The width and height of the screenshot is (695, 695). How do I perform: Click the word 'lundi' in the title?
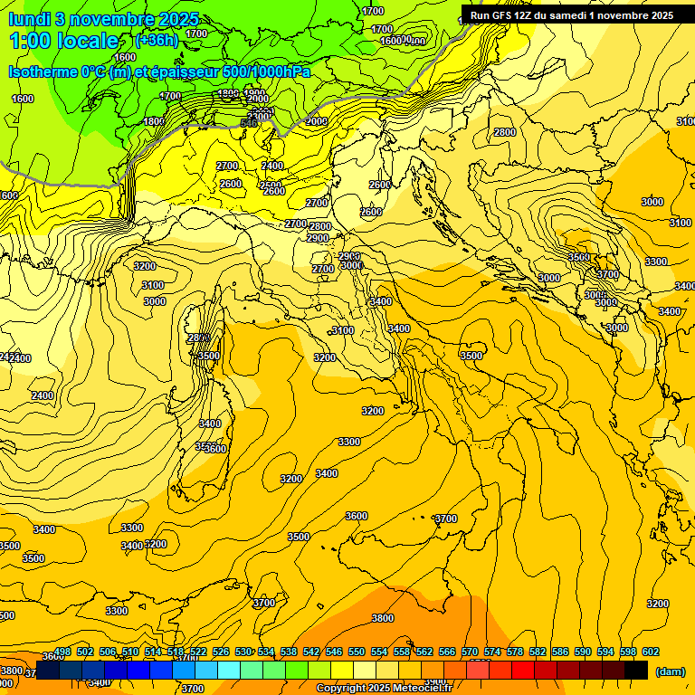(x=30, y=19)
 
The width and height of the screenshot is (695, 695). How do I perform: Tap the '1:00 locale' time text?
(x=65, y=41)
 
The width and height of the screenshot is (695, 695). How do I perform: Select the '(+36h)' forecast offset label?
(x=157, y=41)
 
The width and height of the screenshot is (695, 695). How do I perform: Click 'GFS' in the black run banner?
(x=506, y=15)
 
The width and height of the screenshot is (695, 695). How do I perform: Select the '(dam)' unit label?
(x=670, y=671)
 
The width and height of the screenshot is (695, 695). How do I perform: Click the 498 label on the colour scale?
(x=62, y=652)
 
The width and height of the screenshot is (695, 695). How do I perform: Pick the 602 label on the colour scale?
(x=650, y=652)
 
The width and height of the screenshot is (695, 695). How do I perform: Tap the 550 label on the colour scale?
(x=357, y=652)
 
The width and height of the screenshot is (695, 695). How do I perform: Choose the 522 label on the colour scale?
(x=198, y=652)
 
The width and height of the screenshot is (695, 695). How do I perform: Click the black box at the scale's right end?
(x=636, y=670)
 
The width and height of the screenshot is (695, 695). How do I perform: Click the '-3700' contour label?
(x=444, y=519)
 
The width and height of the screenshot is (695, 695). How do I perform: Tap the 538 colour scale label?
(x=289, y=652)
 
